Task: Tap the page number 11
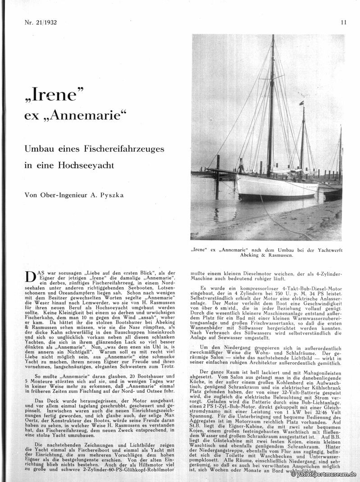[343, 22]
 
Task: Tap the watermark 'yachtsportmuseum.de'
[324, 474]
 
